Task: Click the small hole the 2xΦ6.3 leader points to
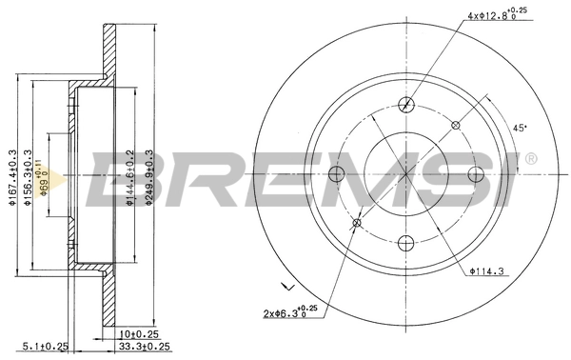coord(358,223)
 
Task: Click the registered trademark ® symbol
coord(530,158)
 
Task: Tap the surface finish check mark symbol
coord(286,285)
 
